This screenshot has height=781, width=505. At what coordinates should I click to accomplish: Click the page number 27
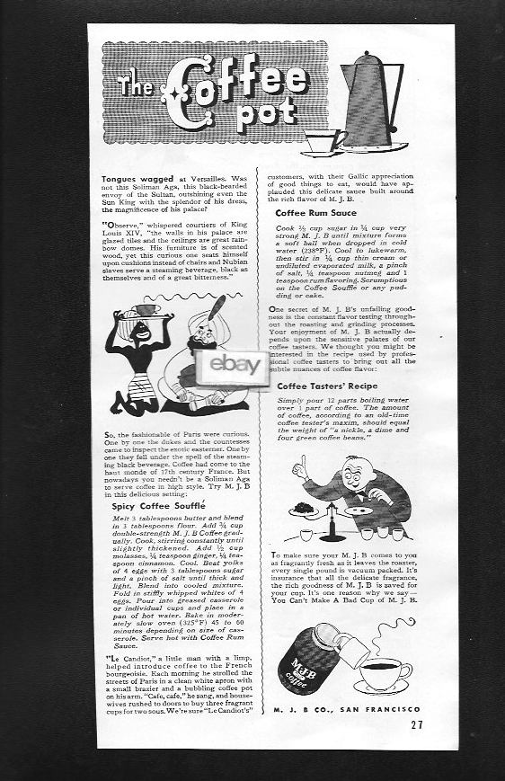pos(414,723)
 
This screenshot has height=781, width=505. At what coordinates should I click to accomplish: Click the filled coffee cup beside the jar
pos(383,670)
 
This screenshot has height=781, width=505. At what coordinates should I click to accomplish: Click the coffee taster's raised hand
pos(303,464)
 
